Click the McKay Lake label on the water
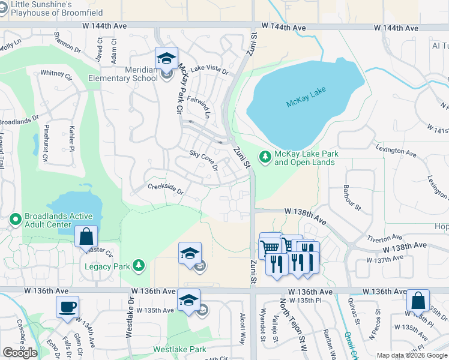coord(306,103)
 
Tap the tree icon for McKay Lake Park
coord(264,157)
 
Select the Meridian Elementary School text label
coord(123,74)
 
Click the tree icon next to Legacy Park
coord(139,265)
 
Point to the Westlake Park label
coord(179,349)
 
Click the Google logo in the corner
coord(20,353)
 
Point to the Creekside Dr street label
coord(165,188)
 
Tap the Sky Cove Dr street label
coord(203,160)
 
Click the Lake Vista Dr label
coord(209,70)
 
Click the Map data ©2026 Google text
coord(411,355)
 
